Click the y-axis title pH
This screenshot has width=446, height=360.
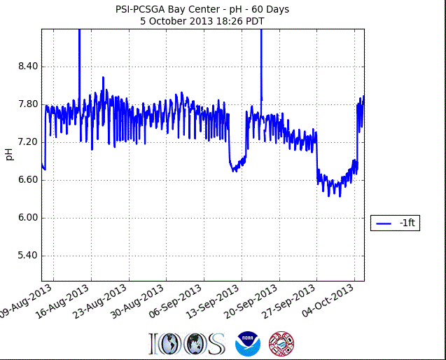(9, 154)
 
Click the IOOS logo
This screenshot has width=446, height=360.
(186, 343)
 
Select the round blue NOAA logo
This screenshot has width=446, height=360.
(247, 343)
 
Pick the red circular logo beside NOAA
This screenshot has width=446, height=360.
(281, 343)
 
